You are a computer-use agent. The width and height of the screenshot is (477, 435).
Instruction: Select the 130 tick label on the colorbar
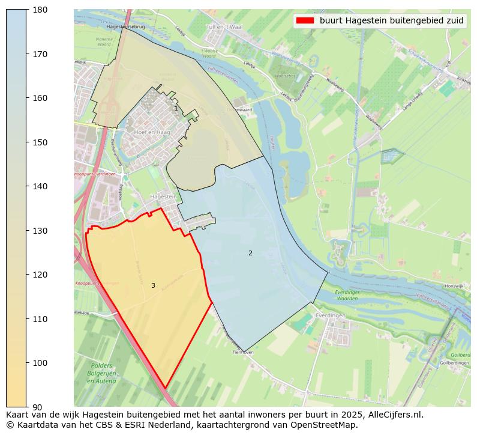coord(39,231)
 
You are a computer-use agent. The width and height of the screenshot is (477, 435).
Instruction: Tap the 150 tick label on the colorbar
coord(39,142)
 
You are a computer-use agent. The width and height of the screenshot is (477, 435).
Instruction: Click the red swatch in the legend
coord(305,20)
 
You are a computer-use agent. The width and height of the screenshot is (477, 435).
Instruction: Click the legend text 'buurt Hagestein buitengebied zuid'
coord(391,20)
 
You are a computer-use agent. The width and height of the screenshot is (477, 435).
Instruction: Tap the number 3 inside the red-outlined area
coord(153,285)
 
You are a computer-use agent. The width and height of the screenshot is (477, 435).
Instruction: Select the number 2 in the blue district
coord(250,253)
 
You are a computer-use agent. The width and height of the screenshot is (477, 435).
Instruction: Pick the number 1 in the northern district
coord(176,109)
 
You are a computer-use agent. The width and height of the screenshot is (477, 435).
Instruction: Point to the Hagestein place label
coord(163,196)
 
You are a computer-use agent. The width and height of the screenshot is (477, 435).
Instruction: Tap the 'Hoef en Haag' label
coord(152,132)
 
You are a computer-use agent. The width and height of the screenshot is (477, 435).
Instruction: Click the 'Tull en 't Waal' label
coord(224,27)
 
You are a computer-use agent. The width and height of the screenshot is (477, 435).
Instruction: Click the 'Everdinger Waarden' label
coord(347,295)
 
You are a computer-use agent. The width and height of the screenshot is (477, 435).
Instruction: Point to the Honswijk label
coord(455,286)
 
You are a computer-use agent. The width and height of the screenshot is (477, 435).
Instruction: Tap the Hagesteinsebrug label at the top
coord(125,27)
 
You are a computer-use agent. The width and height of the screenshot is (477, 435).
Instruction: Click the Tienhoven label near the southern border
coord(243,353)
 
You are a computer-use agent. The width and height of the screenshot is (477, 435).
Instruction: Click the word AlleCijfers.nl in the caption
coord(394,415)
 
